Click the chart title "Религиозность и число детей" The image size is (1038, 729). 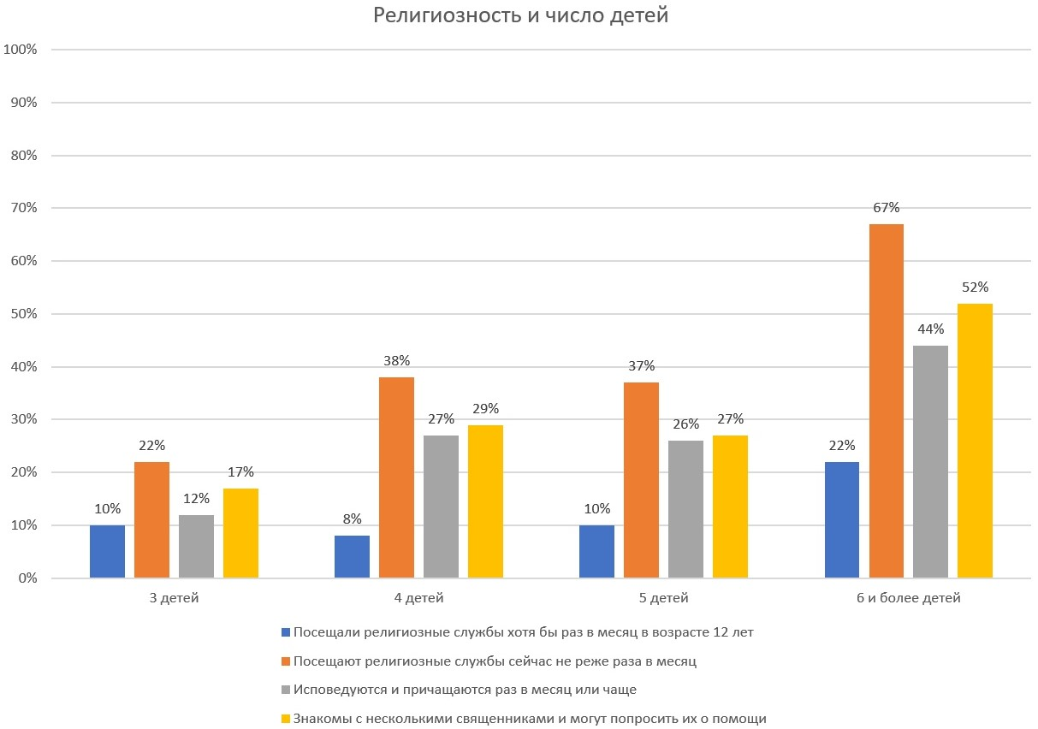coord(520,16)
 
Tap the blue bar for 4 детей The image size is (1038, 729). coord(352,556)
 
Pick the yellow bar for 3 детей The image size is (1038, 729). coord(240,533)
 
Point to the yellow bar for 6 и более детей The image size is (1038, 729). coord(975,441)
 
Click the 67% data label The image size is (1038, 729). coord(886,208)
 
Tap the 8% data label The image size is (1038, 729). coord(352,519)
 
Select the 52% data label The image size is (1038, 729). coord(975,287)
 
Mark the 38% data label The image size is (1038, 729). coord(396,360)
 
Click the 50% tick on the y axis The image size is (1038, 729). coord(24,314)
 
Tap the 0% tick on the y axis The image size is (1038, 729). coord(27,578)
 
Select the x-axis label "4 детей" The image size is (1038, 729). coord(418,598)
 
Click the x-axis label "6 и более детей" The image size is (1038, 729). coord(908,598)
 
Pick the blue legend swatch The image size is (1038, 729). coord(286,633)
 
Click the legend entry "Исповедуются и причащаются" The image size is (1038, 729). coord(464,690)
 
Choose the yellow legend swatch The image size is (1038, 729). coord(286,719)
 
